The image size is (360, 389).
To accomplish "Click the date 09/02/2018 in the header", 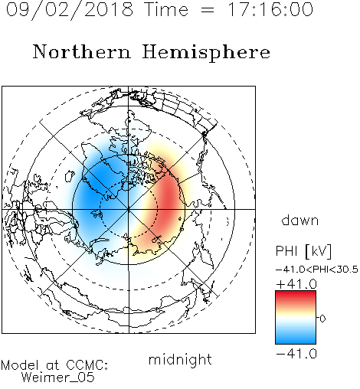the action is (x=70, y=10).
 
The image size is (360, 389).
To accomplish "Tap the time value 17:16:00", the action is (x=270, y=9).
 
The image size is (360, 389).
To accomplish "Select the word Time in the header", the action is (x=166, y=9).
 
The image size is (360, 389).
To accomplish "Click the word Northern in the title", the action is (x=82, y=51).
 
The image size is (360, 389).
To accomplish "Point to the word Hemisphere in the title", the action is (x=206, y=53).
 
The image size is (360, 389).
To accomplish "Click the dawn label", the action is (x=300, y=220).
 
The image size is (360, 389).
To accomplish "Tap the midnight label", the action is (x=180, y=359).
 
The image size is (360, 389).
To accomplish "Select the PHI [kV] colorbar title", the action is (x=303, y=251).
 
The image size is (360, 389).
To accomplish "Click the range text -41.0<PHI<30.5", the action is (x=317, y=270).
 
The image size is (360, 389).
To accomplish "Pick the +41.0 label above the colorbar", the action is (x=296, y=284).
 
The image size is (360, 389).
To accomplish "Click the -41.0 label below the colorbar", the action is (x=296, y=354).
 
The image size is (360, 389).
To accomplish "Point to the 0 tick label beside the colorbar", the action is (x=322, y=319).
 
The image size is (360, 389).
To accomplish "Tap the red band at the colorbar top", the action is (x=296, y=296).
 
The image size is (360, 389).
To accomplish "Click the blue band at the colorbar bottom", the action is (x=296, y=338).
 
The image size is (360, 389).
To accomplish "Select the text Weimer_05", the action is (x=57, y=378).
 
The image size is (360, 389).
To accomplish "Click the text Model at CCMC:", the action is (x=54, y=365).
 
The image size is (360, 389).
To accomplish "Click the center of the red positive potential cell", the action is (x=167, y=201).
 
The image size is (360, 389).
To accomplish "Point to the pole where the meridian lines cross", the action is (x=129, y=209).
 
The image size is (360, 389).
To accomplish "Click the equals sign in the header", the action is (x=208, y=10).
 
